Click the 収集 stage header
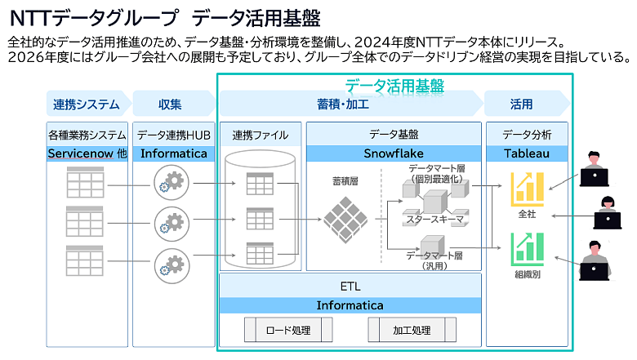click(x=170, y=104)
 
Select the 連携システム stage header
click(x=86, y=104)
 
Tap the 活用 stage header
click(x=521, y=104)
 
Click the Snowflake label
click(x=394, y=153)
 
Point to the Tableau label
click(x=527, y=153)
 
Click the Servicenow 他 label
click(x=87, y=153)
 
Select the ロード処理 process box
click(x=288, y=330)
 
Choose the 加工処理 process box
click(x=412, y=330)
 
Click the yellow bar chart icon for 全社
click(x=527, y=189)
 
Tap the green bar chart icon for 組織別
click(x=527, y=248)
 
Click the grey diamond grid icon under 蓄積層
click(x=345, y=220)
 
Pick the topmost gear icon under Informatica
click(x=171, y=182)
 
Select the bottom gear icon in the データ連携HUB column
click(x=171, y=266)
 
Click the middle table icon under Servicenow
click(x=84, y=221)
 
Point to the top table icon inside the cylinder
click(x=260, y=184)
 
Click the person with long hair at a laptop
click(x=608, y=213)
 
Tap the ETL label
click(x=350, y=287)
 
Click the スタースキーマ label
click(x=435, y=220)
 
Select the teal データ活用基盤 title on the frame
click(x=394, y=86)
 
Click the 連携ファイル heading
click(x=261, y=135)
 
